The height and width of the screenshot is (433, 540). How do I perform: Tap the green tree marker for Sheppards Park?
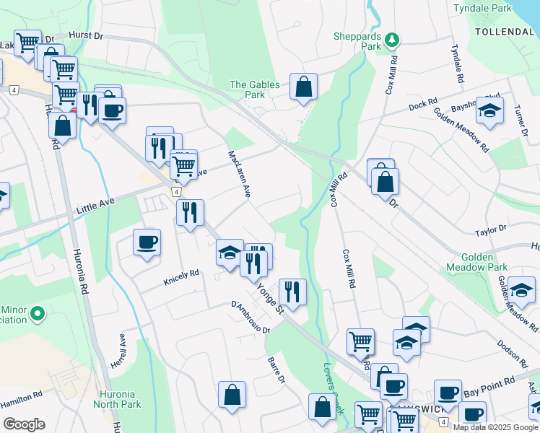(392, 39)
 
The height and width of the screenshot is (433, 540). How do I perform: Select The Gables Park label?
(254, 89)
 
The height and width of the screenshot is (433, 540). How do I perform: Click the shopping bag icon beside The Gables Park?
(304, 87)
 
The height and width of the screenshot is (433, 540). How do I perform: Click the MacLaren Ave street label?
(239, 174)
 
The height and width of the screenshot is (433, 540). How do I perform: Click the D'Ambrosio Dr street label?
(250, 318)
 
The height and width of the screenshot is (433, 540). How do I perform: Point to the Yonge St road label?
(269, 298)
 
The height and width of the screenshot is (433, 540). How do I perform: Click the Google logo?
(23, 424)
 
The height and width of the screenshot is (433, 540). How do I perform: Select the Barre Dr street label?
(276, 370)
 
